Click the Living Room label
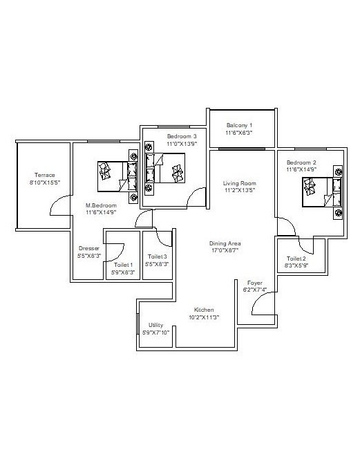click(x=240, y=183)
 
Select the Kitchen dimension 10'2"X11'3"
click(x=204, y=317)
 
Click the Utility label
click(x=156, y=325)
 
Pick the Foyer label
click(x=255, y=283)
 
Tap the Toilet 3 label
click(x=157, y=256)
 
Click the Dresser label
click(x=89, y=248)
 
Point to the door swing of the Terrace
click(x=59, y=205)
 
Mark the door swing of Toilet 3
click(x=164, y=238)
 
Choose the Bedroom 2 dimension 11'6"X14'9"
click(x=301, y=169)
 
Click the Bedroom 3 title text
click(x=182, y=136)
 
